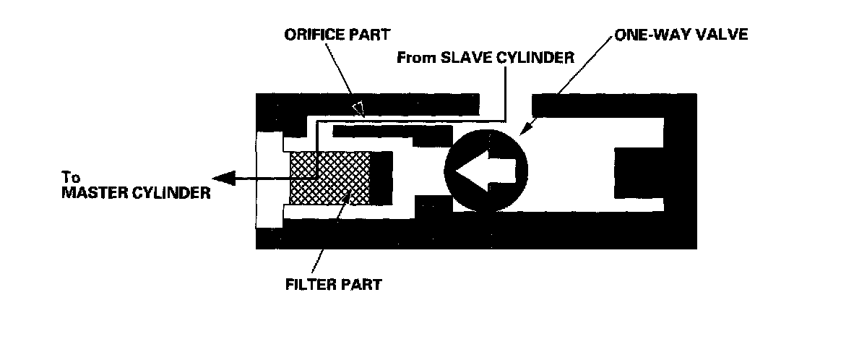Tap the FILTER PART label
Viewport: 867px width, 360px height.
click(x=332, y=283)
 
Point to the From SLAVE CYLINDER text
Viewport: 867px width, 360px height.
click(x=486, y=58)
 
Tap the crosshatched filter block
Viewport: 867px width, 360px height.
click(x=330, y=178)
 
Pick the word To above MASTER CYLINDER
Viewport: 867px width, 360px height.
click(x=69, y=179)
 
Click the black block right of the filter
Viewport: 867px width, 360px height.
click(x=381, y=178)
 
